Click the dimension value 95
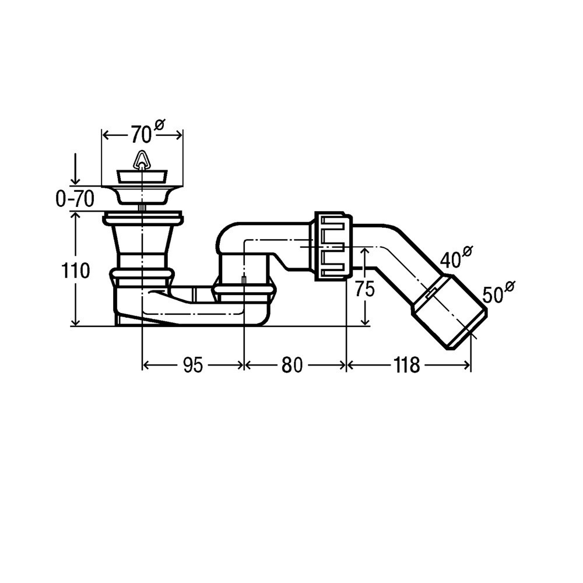tap(193, 365)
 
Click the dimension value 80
tap(292, 365)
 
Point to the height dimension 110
tap(75, 271)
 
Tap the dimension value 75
tap(364, 289)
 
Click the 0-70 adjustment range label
tap(75, 199)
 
